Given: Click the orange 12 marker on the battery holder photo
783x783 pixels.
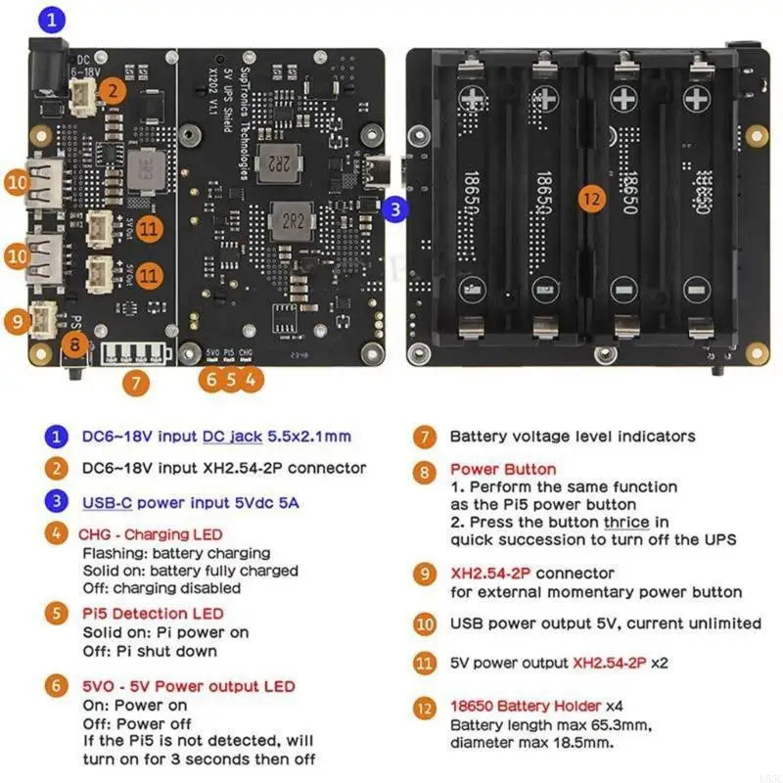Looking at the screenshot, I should point(588,198).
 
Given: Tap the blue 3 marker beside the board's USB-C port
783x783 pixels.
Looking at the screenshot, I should point(393,207).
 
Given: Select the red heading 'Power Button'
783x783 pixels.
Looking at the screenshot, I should point(502,469).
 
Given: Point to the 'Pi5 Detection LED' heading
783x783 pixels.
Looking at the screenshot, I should point(152,613).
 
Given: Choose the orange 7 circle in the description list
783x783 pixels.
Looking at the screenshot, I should point(424,437).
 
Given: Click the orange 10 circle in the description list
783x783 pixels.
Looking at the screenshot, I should point(424,623).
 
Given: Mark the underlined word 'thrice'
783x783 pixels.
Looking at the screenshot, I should point(626,522).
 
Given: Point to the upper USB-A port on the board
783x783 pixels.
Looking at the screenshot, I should point(39,182).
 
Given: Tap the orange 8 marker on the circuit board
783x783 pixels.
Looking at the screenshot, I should point(74,345).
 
